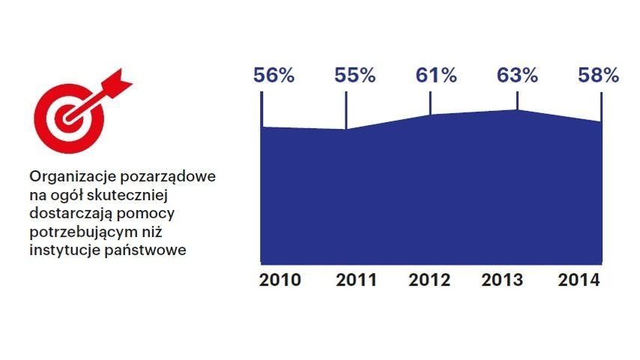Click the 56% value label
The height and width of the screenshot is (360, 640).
click(274, 76)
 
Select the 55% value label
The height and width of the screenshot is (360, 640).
click(355, 76)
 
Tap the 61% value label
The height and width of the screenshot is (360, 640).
click(436, 76)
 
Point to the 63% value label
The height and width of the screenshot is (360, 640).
click(518, 76)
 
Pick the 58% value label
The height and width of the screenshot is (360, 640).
click(598, 76)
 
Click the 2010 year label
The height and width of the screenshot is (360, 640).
click(280, 280)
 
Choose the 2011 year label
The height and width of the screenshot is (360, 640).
click(356, 280)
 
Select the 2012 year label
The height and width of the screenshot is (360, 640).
click(430, 280)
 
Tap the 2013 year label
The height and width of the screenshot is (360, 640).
click(503, 280)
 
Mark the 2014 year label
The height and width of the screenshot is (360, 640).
click(579, 280)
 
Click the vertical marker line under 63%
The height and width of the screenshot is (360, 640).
click(518, 98)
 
